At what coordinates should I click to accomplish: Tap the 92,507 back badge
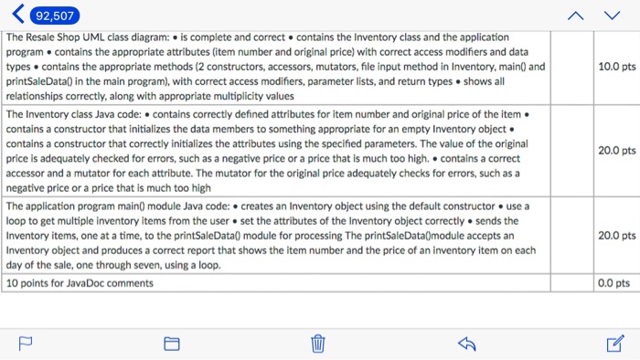coord(45,16)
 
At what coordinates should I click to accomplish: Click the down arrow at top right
coord(612,16)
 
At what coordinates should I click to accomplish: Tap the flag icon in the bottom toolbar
coord(25,344)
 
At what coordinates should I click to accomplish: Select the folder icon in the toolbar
coord(171,344)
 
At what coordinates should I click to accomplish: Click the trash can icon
coord(318,344)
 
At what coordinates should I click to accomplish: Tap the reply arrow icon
coord(466,344)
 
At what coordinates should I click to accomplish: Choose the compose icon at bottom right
coord(614,344)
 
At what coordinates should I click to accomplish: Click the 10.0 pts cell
coord(615,67)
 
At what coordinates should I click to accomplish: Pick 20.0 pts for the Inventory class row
coord(615,151)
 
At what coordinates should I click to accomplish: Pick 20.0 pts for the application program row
coord(615,236)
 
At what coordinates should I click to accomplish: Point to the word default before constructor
coord(375,206)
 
